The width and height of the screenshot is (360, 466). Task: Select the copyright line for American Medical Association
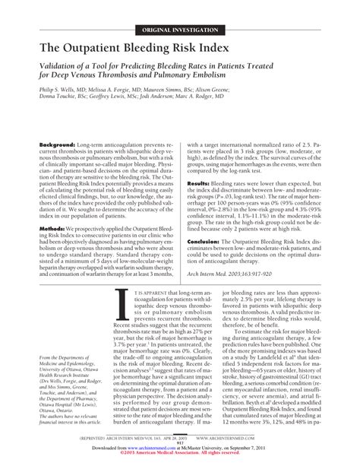179,458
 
